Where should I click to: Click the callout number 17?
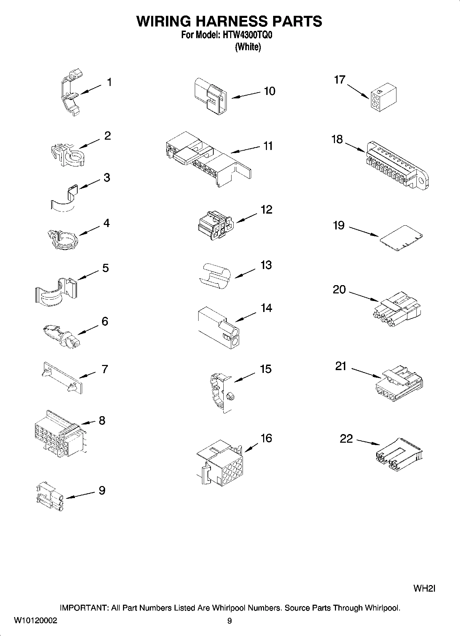pos(339,80)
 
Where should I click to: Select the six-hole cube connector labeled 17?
pos(383,98)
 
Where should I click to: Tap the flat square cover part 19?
pos(401,238)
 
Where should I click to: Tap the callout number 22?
pos(346,439)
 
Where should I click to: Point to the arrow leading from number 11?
pos(245,149)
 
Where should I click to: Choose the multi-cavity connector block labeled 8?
pos(57,433)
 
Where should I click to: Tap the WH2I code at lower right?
pos(424,589)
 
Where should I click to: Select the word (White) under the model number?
pos(248,47)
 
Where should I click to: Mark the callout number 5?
pos(105,268)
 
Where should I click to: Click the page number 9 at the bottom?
pos(229,621)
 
